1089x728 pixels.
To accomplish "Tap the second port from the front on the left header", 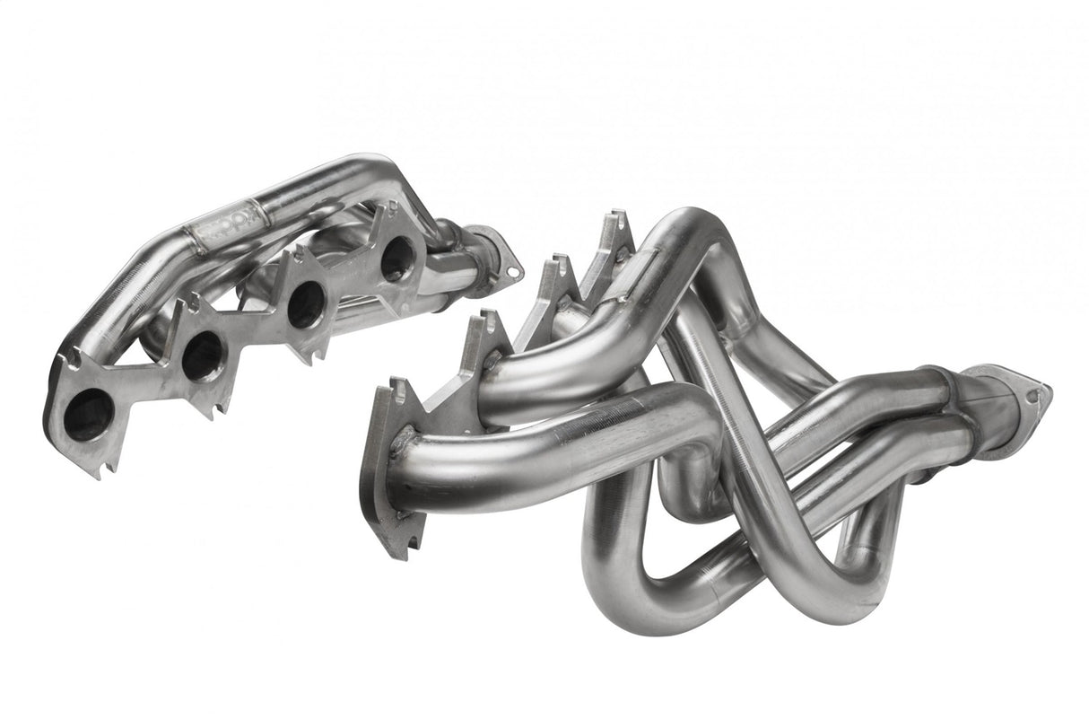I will (x=204, y=355).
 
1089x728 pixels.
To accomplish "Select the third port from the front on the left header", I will (x=306, y=303).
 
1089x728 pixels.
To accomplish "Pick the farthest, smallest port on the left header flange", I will (x=396, y=259).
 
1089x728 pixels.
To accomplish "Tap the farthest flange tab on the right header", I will (x=615, y=233).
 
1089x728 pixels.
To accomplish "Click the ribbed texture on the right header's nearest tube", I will (x=610, y=422).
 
